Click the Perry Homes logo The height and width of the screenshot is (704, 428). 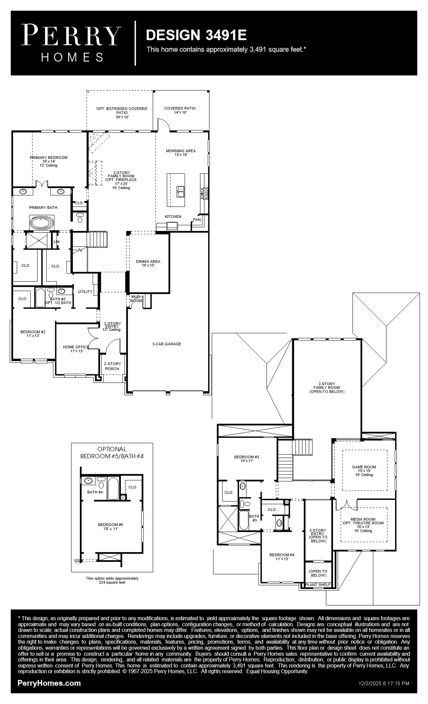tap(71, 43)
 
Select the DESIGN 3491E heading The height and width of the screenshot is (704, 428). tap(196, 35)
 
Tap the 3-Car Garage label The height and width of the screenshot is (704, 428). tap(167, 344)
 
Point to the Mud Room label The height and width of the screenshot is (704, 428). tap(136, 299)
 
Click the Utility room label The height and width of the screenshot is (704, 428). tap(85, 292)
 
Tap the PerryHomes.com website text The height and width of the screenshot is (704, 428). tap(49, 683)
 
